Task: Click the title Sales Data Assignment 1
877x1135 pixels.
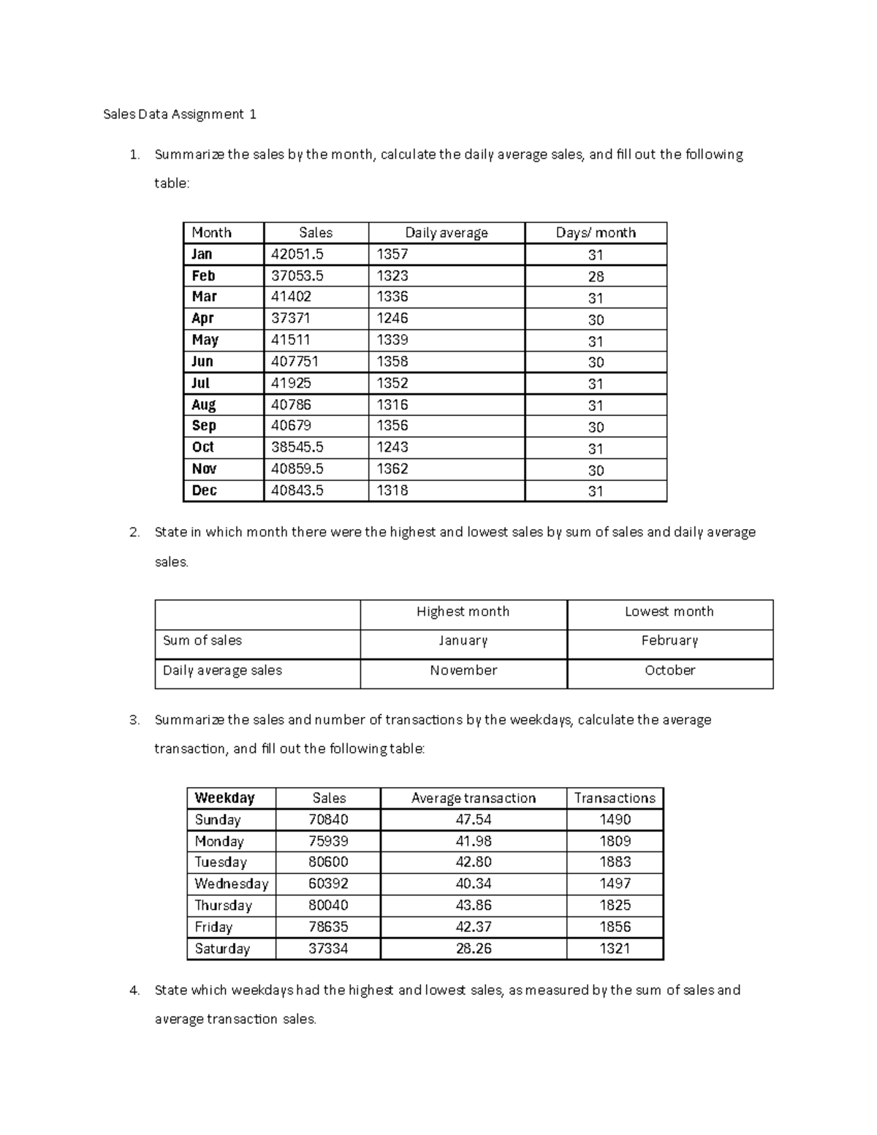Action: (x=180, y=114)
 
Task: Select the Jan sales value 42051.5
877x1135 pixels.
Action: (x=297, y=254)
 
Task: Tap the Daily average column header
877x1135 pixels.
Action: (x=447, y=232)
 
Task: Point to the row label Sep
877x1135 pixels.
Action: (x=204, y=426)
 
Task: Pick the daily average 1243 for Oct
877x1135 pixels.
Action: (x=392, y=447)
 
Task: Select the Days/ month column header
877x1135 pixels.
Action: (x=596, y=232)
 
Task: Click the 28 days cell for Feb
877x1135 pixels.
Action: (x=596, y=276)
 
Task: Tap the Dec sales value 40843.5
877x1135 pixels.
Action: (x=297, y=490)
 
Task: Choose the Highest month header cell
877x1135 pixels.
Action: (x=463, y=612)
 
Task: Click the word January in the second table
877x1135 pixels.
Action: (x=463, y=641)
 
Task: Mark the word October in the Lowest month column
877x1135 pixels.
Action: (x=669, y=670)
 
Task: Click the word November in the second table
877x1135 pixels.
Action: (x=463, y=670)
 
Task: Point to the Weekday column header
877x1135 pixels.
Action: (x=224, y=798)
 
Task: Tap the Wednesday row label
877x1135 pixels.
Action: (x=231, y=884)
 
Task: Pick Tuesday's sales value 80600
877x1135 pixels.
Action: (x=328, y=862)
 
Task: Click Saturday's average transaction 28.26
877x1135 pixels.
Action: (x=473, y=949)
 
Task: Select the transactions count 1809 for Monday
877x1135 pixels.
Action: (x=615, y=841)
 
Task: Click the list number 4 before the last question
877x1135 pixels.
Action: (x=134, y=990)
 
